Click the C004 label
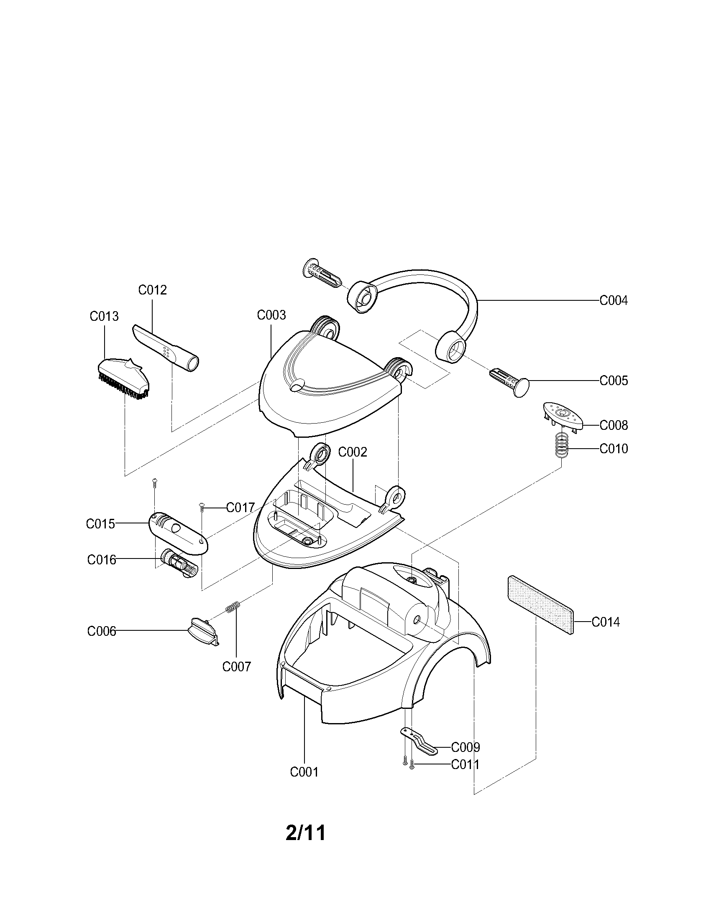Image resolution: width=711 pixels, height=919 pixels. (613, 300)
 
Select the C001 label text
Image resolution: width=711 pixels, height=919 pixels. (304, 772)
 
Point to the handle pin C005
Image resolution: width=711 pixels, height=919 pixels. (509, 380)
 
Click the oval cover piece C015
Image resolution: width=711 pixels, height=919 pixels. (179, 533)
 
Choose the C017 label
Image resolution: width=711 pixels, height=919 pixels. (240, 508)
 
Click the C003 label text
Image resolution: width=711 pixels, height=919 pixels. (271, 315)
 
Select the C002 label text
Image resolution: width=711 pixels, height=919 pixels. (353, 452)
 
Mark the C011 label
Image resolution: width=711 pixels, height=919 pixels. (465, 764)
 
